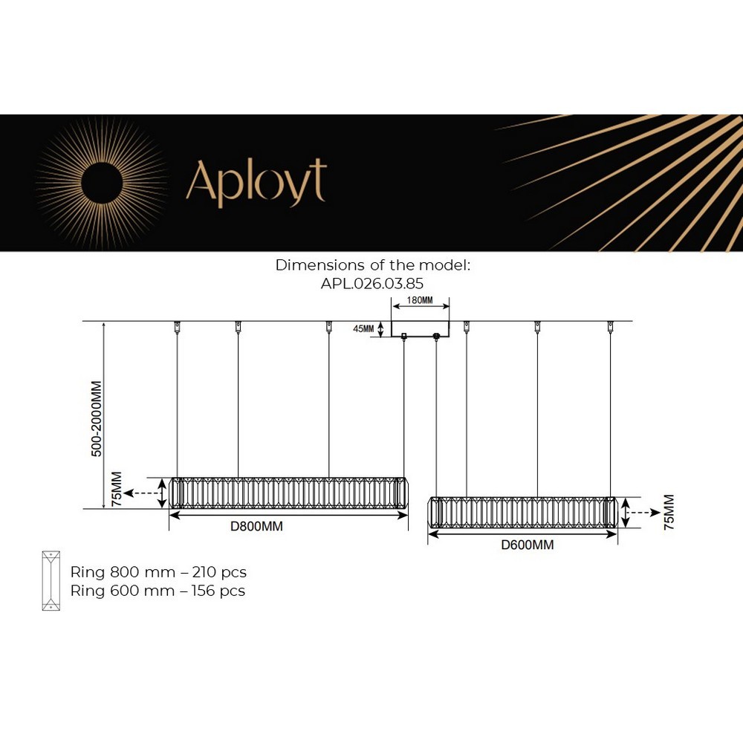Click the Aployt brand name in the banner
point(256,183)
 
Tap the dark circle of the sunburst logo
point(102,183)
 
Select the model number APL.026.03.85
point(372,283)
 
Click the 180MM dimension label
point(420,300)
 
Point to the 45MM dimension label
point(363,328)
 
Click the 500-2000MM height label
point(97,419)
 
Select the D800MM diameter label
point(256,526)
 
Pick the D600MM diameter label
point(528,545)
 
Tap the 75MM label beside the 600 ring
point(669,512)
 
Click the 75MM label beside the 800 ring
point(116,489)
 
